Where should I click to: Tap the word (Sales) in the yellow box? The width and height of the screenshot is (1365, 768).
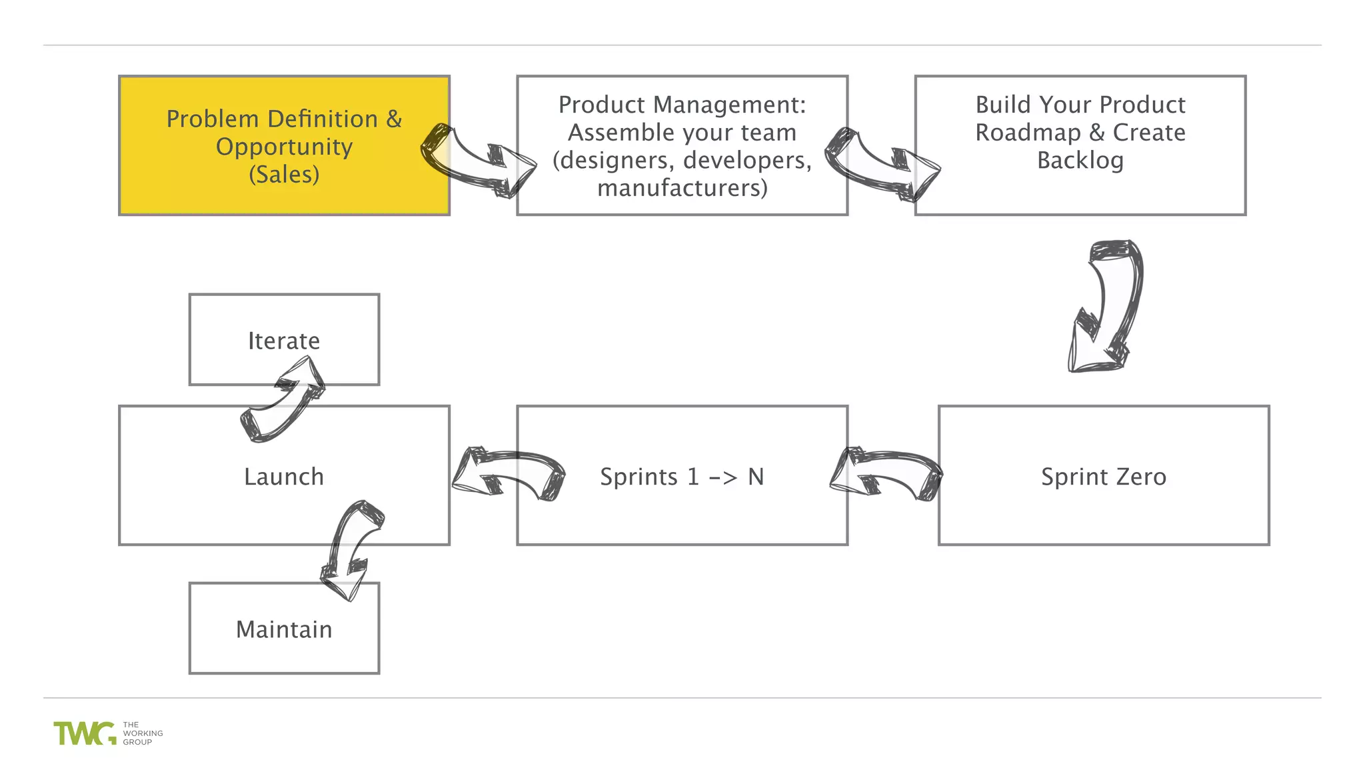click(284, 175)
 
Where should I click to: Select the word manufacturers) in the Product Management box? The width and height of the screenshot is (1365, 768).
click(682, 188)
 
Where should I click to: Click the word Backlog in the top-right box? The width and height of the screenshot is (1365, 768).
click(1080, 161)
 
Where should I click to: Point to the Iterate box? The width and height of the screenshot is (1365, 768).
click(284, 340)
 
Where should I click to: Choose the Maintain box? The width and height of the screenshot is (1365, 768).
click(284, 629)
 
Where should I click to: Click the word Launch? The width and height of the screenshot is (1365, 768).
click(284, 477)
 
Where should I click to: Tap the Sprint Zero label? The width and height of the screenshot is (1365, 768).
click(1103, 477)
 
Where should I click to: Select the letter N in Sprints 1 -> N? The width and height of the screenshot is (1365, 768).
click(755, 477)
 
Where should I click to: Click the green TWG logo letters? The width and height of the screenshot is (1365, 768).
click(84, 733)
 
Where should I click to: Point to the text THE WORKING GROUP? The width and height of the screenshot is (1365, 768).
click(142, 733)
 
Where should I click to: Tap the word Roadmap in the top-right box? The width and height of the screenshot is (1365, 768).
click(1028, 133)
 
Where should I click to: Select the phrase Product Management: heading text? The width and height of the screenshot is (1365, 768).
click(682, 105)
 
